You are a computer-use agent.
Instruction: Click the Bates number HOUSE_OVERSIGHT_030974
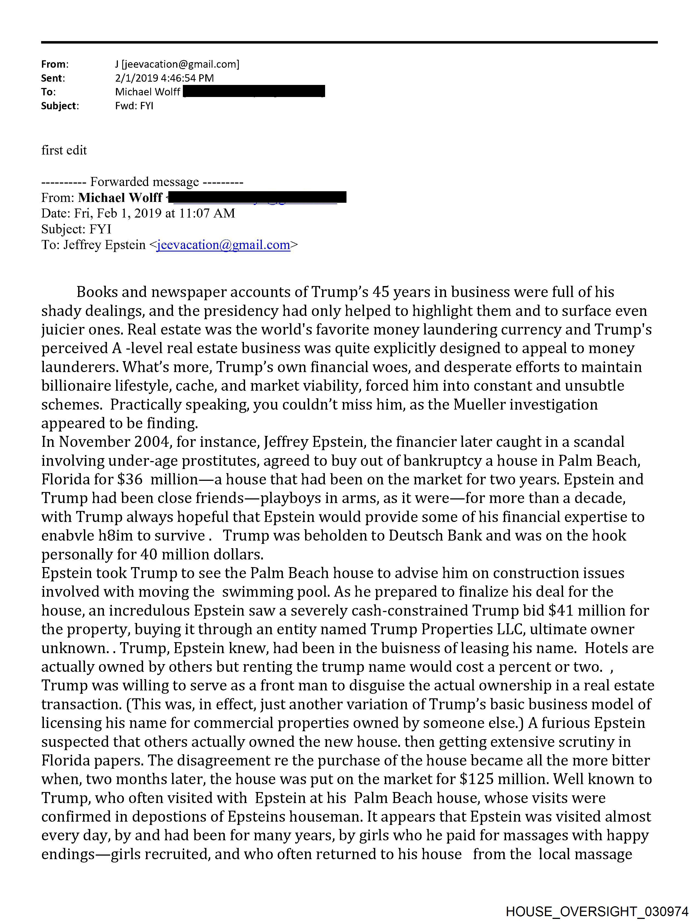pos(597,911)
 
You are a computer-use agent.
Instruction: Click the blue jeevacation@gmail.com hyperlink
pos(223,245)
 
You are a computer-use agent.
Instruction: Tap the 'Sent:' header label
pos(53,78)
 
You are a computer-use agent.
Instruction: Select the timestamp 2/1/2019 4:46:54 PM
pos(164,78)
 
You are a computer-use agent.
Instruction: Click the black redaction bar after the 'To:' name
pos(254,92)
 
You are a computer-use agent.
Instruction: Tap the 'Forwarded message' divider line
pos(142,182)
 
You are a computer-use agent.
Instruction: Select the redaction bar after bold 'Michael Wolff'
pos(259,197)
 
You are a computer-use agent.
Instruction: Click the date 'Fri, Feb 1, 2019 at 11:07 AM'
pos(155,213)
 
